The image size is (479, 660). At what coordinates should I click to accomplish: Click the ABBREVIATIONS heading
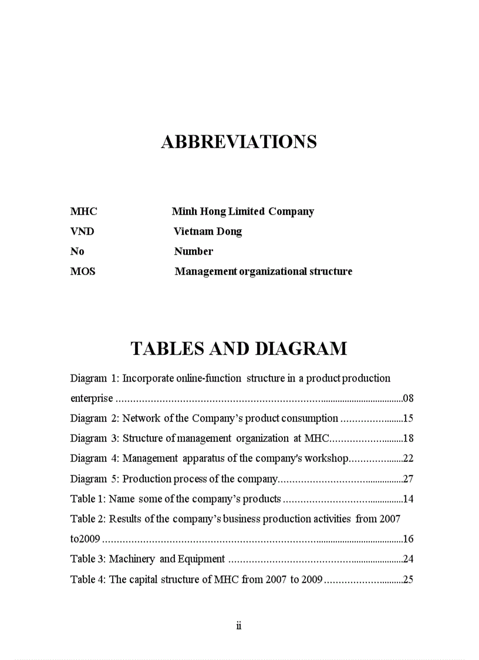coord(239,142)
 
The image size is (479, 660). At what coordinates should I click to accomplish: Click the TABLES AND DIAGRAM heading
coord(238,349)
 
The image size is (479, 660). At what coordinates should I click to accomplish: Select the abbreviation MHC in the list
coord(84,212)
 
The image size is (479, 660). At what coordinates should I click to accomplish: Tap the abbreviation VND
coord(82,232)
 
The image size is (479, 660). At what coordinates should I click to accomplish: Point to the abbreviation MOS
coord(83,272)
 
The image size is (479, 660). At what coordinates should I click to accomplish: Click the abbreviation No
coord(77,252)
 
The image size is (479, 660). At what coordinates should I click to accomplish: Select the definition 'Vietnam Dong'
coord(208,232)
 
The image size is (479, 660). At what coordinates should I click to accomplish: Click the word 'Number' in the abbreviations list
coord(194,252)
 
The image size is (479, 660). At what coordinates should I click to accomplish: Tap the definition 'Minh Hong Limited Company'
coord(243,212)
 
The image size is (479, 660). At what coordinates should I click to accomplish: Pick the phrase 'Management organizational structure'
coord(264,272)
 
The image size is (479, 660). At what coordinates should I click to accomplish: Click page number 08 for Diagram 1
coord(409,398)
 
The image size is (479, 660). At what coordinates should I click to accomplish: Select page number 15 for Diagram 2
coord(409,418)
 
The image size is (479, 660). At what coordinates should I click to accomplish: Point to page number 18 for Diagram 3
coord(409,438)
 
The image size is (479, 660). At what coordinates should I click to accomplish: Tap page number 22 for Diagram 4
coord(409,458)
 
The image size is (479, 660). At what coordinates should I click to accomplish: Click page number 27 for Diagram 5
coord(409,479)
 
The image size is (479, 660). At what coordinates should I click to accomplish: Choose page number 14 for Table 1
coord(409,499)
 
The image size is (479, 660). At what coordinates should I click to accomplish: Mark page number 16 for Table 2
coord(409,539)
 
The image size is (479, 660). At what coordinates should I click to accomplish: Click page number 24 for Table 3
coord(409,559)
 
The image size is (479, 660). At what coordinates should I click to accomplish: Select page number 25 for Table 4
coord(409,579)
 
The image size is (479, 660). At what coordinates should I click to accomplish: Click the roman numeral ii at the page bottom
coord(239,625)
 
